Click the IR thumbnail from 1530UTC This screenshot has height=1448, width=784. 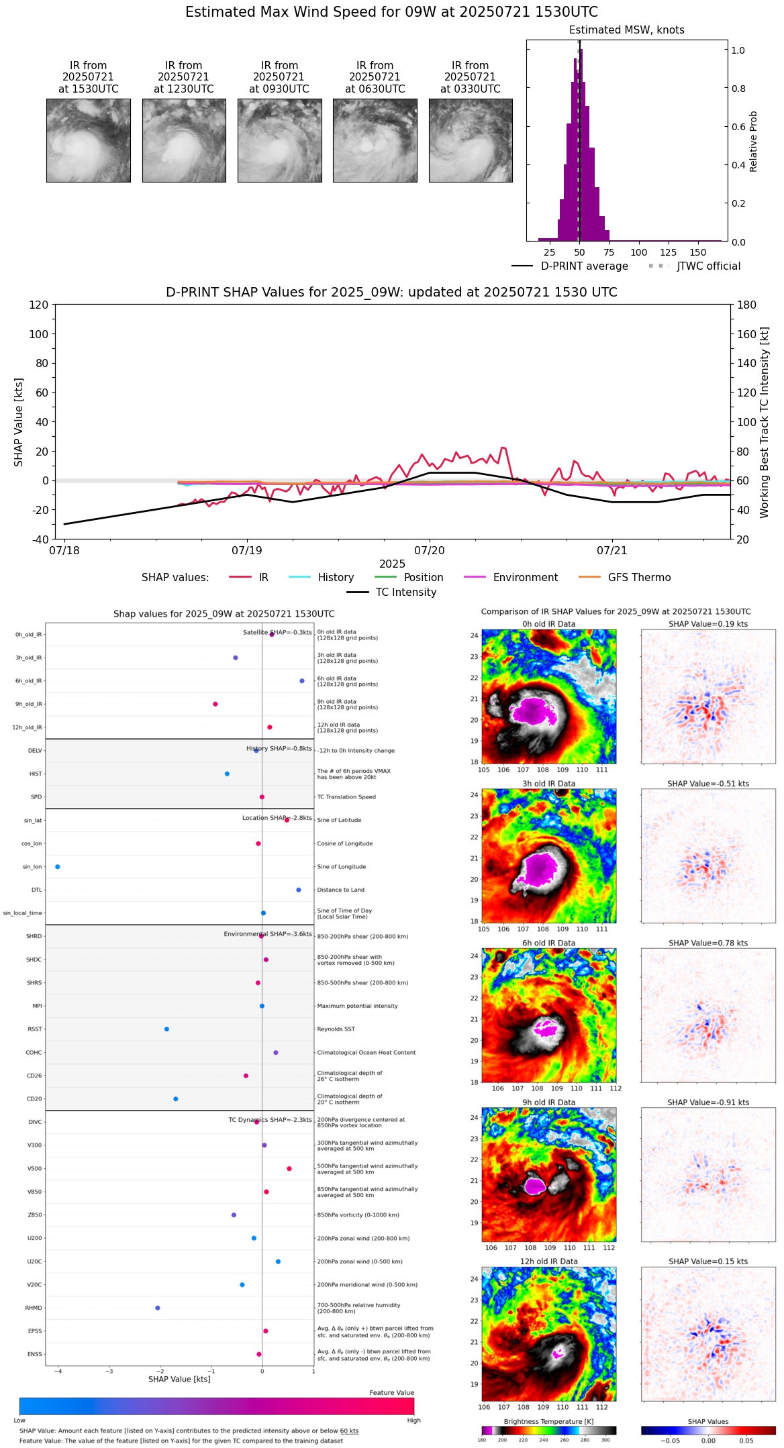[x=88, y=140]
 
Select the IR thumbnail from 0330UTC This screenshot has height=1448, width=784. [x=470, y=140]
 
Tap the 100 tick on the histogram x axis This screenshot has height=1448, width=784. [x=638, y=252]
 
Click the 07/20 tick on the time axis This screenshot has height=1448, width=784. [x=430, y=550]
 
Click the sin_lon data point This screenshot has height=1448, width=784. [x=58, y=867]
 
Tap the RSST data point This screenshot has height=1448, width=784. [x=166, y=1029]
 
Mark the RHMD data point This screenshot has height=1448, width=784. [x=158, y=1308]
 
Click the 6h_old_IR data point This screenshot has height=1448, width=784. [x=302, y=681]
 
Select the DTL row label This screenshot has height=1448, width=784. [x=36, y=890]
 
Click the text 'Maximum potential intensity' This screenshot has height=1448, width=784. [x=357, y=1006]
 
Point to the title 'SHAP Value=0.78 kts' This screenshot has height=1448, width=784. [x=708, y=943]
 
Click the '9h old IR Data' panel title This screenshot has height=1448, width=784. [x=548, y=1102]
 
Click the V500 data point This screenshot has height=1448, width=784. [x=289, y=1169]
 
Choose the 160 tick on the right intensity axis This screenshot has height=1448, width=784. [x=747, y=334]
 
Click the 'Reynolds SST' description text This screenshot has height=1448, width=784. [x=336, y=1029]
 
